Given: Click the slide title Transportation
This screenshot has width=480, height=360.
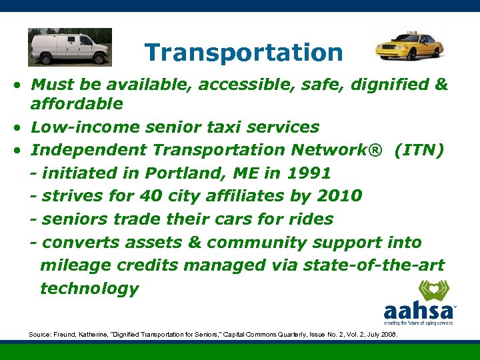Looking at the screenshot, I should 243,52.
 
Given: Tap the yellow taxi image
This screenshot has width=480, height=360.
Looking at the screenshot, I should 409,45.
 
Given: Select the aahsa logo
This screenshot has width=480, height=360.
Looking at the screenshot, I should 419,303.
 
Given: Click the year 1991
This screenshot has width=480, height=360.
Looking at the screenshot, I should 309,173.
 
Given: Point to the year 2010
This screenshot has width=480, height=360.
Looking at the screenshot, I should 339,196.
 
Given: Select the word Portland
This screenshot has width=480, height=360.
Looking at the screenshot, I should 189,173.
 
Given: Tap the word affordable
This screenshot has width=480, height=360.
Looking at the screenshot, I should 77,104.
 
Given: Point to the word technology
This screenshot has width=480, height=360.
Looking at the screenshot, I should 89,289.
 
